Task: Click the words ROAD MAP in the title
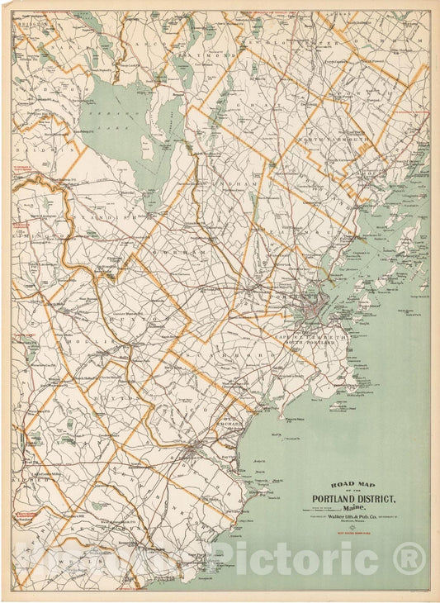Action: pos(355,485)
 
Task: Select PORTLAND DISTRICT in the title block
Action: pos(355,498)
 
